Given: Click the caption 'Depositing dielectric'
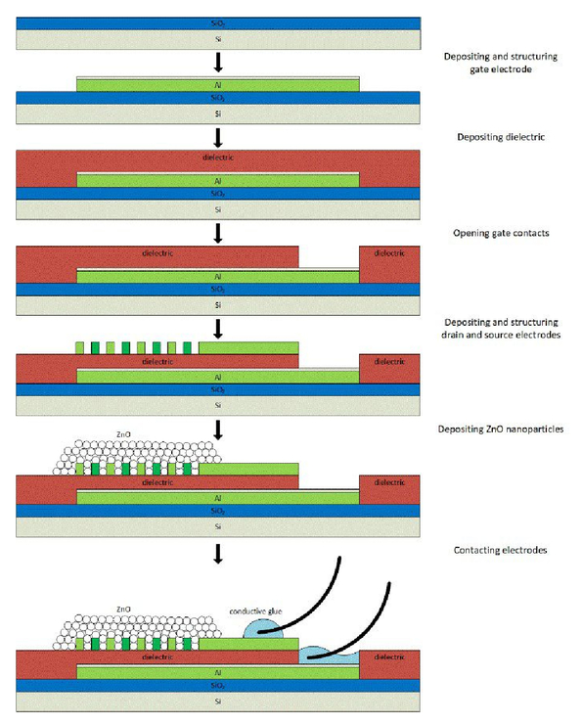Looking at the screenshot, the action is [x=501, y=137].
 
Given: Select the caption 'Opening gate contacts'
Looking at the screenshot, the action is [x=501, y=233].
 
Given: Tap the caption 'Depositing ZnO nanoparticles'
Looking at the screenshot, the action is [x=501, y=429].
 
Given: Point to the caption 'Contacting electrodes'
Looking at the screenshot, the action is [x=500, y=550].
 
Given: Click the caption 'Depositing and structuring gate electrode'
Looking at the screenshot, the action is [x=501, y=63].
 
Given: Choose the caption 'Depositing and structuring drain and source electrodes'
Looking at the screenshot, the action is [x=501, y=329].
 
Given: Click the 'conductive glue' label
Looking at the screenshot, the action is [x=255, y=611].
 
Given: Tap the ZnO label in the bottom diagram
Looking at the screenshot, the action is [x=123, y=610].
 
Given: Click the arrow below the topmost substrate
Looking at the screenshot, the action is [x=218, y=63].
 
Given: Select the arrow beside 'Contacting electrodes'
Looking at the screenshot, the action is [x=218, y=554].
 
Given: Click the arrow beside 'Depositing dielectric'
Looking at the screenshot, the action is [x=218, y=138].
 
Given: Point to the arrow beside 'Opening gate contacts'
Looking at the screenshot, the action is [x=218, y=233].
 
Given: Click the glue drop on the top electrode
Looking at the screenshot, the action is [x=263, y=630].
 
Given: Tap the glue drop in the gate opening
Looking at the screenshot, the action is [x=329, y=656].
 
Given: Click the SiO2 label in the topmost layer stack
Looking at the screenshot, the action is [x=218, y=23].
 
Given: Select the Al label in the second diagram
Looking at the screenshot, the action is [x=218, y=85].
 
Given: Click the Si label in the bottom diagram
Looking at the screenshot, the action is [x=218, y=701].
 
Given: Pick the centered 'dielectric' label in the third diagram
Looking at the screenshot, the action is [x=218, y=158].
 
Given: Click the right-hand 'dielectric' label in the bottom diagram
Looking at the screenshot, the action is [x=389, y=657].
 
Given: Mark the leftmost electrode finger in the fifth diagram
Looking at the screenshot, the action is [x=79, y=348].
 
